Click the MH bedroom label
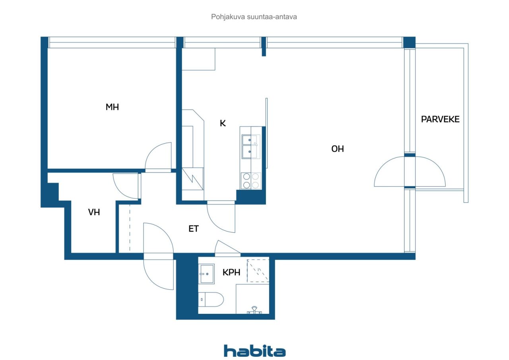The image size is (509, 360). coord(112,107)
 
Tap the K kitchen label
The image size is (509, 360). coord(223,123)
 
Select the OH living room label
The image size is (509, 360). coord(338,149)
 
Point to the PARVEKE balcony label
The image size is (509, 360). coord(440,119)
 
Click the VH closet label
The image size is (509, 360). coord(94,212)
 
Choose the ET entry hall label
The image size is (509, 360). coord(193,229)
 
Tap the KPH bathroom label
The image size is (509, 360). coord(231,272)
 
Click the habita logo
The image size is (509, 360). coord(254,351)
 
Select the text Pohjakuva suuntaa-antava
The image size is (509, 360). coord(254,17)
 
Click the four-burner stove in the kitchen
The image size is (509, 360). coord(251,181)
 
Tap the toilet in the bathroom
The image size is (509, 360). coord(211,300)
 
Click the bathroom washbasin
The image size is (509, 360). coord(207,274)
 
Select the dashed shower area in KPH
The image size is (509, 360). coord(258,270)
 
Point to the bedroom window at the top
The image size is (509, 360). coord(112,42)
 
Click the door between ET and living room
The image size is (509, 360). coord(221,217)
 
